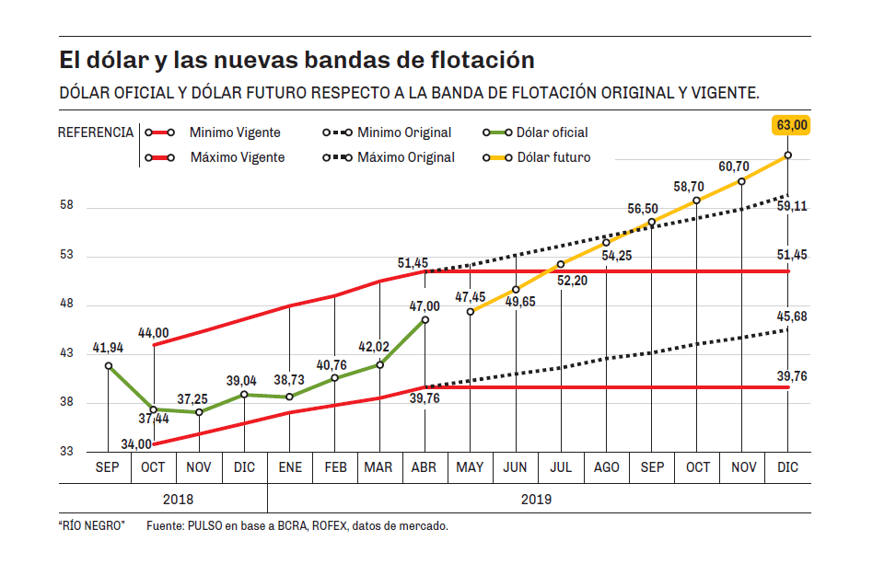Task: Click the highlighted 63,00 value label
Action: [x=792, y=125]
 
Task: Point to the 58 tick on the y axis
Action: [x=66, y=207]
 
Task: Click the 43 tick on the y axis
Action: [x=66, y=353]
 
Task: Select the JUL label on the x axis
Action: [x=561, y=467]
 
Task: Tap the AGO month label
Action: [x=607, y=467]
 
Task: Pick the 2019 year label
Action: [x=538, y=499]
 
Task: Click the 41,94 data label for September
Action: [x=109, y=349]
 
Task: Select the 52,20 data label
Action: [x=573, y=279]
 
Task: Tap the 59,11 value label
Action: [x=792, y=207]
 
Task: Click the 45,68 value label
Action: [x=792, y=317]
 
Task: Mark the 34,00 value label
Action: [x=137, y=444]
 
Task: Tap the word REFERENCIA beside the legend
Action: [x=96, y=132]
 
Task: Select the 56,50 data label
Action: [x=643, y=209]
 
